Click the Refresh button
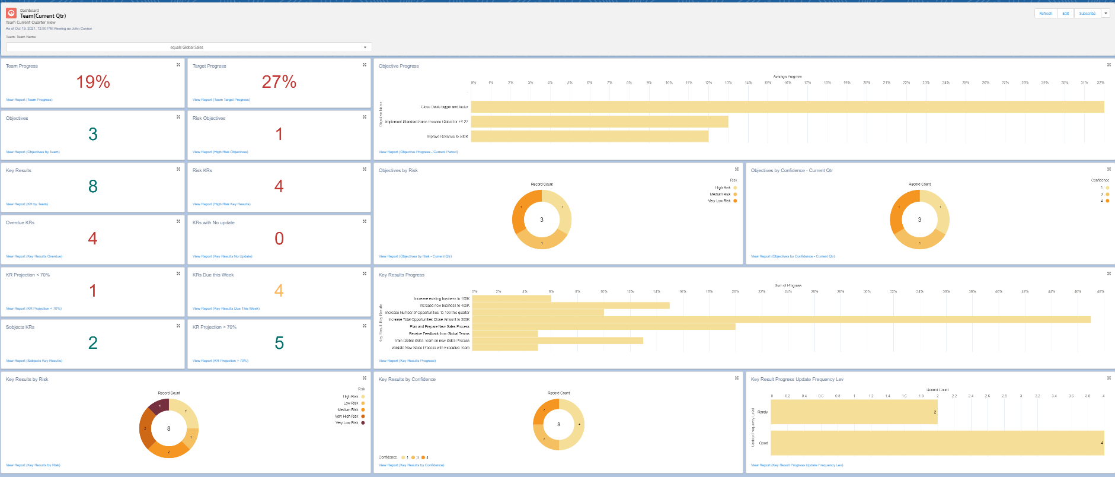[x=1046, y=13]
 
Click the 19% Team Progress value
[x=93, y=82]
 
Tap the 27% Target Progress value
[x=279, y=82]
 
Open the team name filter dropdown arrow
[x=365, y=47]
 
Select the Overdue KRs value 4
[x=92, y=238]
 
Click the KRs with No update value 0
[x=279, y=238]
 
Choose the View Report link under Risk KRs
[x=221, y=204]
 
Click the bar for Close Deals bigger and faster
[x=787, y=107]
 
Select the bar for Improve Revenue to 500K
[x=590, y=136]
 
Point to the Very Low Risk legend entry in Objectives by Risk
[x=720, y=201]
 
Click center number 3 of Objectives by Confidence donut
[x=919, y=220]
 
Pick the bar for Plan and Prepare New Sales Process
[x=603, y=326]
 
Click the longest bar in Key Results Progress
[x=781, y=319]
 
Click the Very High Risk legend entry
[x=347, y=416]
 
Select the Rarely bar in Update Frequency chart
[x=854, y=412]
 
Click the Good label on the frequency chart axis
[x=763, y=443]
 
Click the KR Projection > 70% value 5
[x=279, y=343]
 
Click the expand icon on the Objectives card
[x=178, y=117]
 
